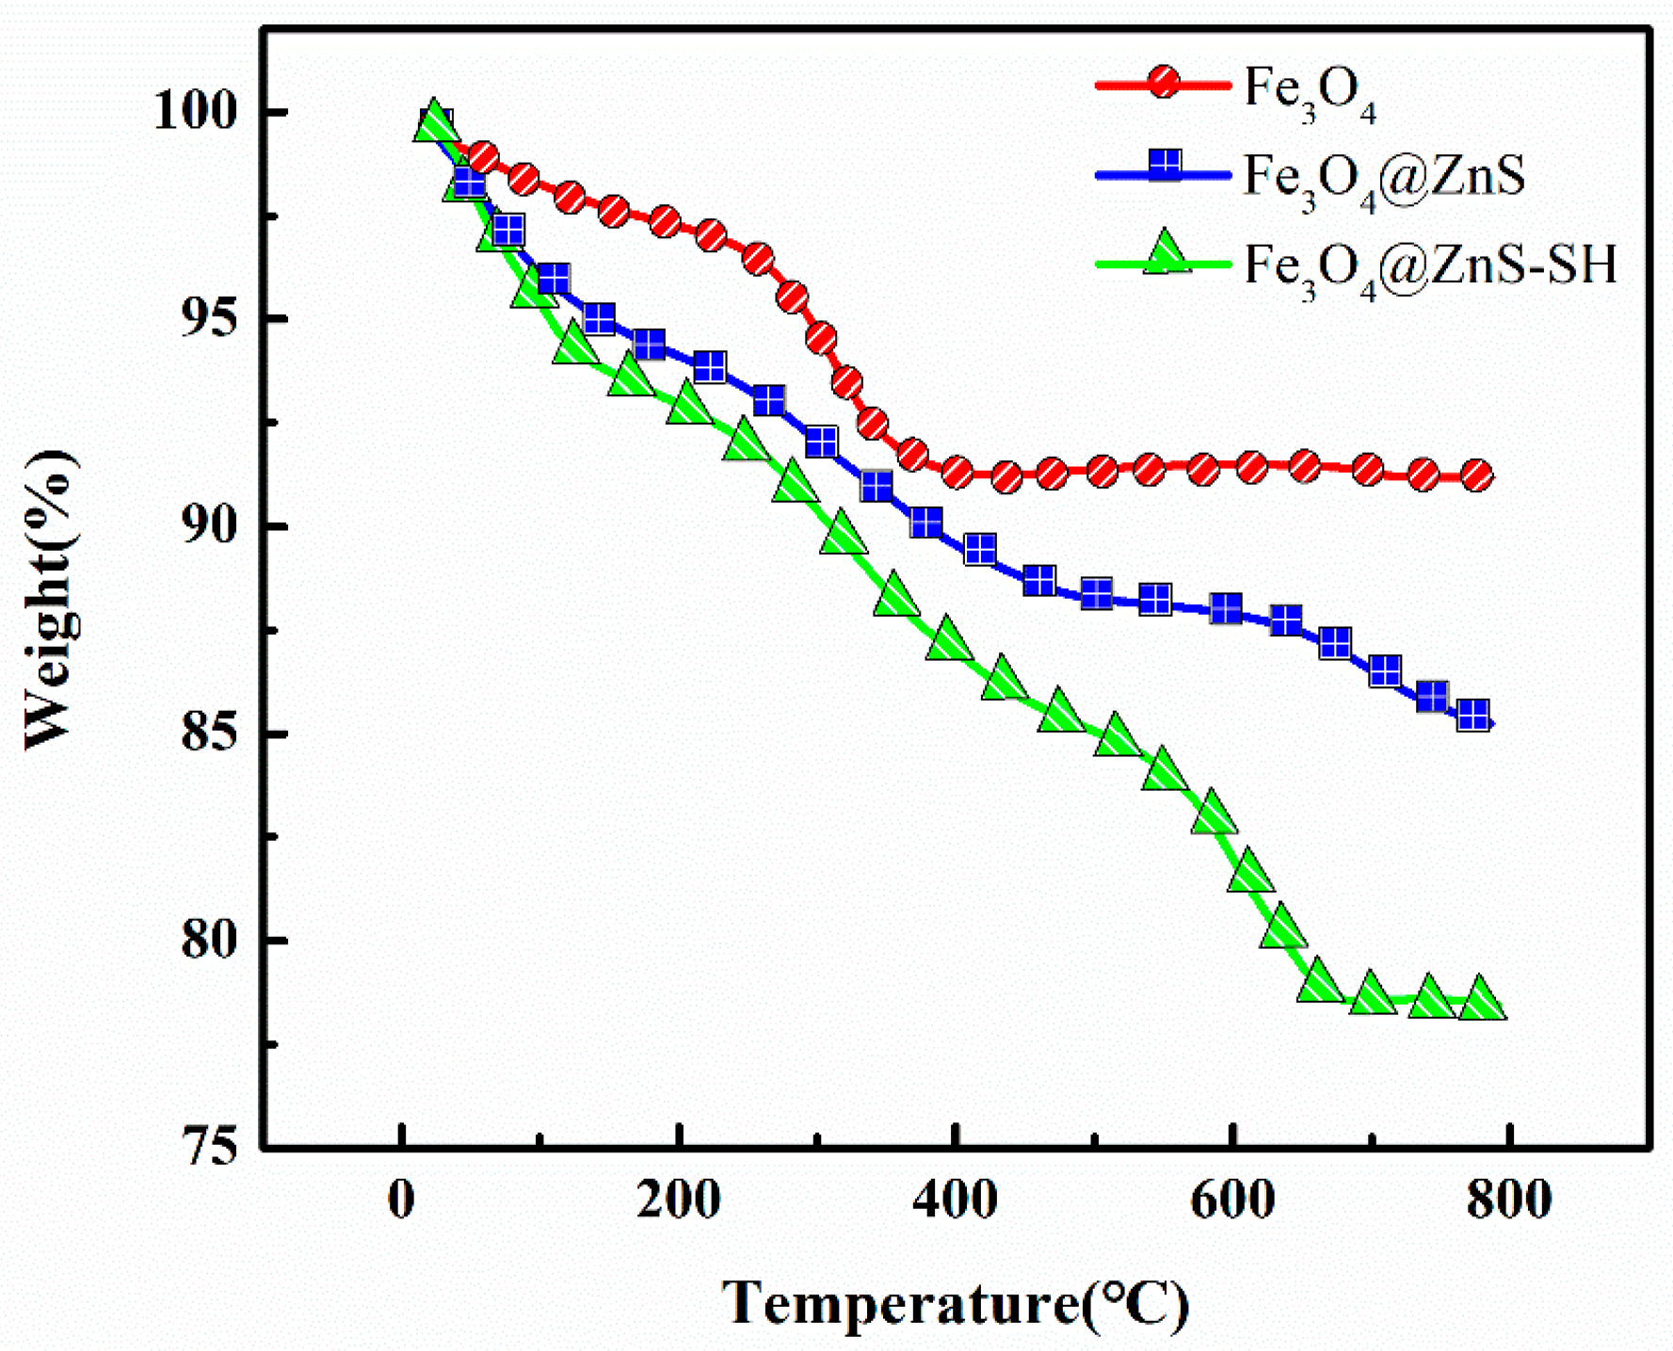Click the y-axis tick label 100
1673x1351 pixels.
pyautogui.click(x=196, y=111)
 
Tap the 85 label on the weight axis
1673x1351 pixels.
pyautogui.click(x=209, y=733)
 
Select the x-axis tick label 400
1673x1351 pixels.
pyautogui.click(x=955, y=1200)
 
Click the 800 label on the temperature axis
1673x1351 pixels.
pyautogui.click(x=1508, y=1200)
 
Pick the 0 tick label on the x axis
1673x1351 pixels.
pyautogui.click(x=402, y=1200)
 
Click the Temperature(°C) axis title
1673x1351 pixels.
pyautogui.click(x=955, y=1304)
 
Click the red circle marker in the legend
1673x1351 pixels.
pyautogui.click(x=1164, y=83)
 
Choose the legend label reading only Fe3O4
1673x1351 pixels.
pyautogui.click(x=1309, y=92)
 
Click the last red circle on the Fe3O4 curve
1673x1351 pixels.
pyautogui.click(x=1477, y=475)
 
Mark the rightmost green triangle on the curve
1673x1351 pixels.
pyautogui.click(x=1482, y=1000)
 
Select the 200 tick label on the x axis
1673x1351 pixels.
pyautogui.click(x=678, y=1200)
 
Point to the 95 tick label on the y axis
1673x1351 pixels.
pyautogui.click(x=209, y=318)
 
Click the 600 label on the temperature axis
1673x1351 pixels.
pyautogui.click(x=1231, y=1200)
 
